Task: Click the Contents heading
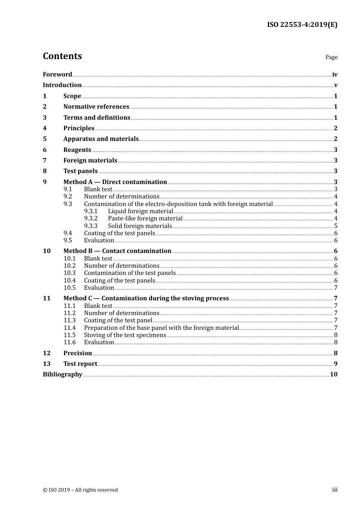62,56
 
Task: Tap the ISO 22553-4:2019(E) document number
302,25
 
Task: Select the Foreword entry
57,74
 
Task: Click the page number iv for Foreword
335,75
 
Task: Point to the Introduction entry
62,85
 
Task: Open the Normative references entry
96,107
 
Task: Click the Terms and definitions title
97,117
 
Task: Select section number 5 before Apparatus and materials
45,139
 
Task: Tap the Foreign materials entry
90,161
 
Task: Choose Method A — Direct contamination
115,182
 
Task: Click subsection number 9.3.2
91,219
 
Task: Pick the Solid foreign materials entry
140,226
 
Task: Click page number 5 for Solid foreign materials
335,226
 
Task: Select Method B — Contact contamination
117,251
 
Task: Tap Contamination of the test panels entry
130,273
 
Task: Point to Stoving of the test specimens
125,335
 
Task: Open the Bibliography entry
63,375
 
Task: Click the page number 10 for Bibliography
333,375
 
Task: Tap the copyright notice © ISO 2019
80,490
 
